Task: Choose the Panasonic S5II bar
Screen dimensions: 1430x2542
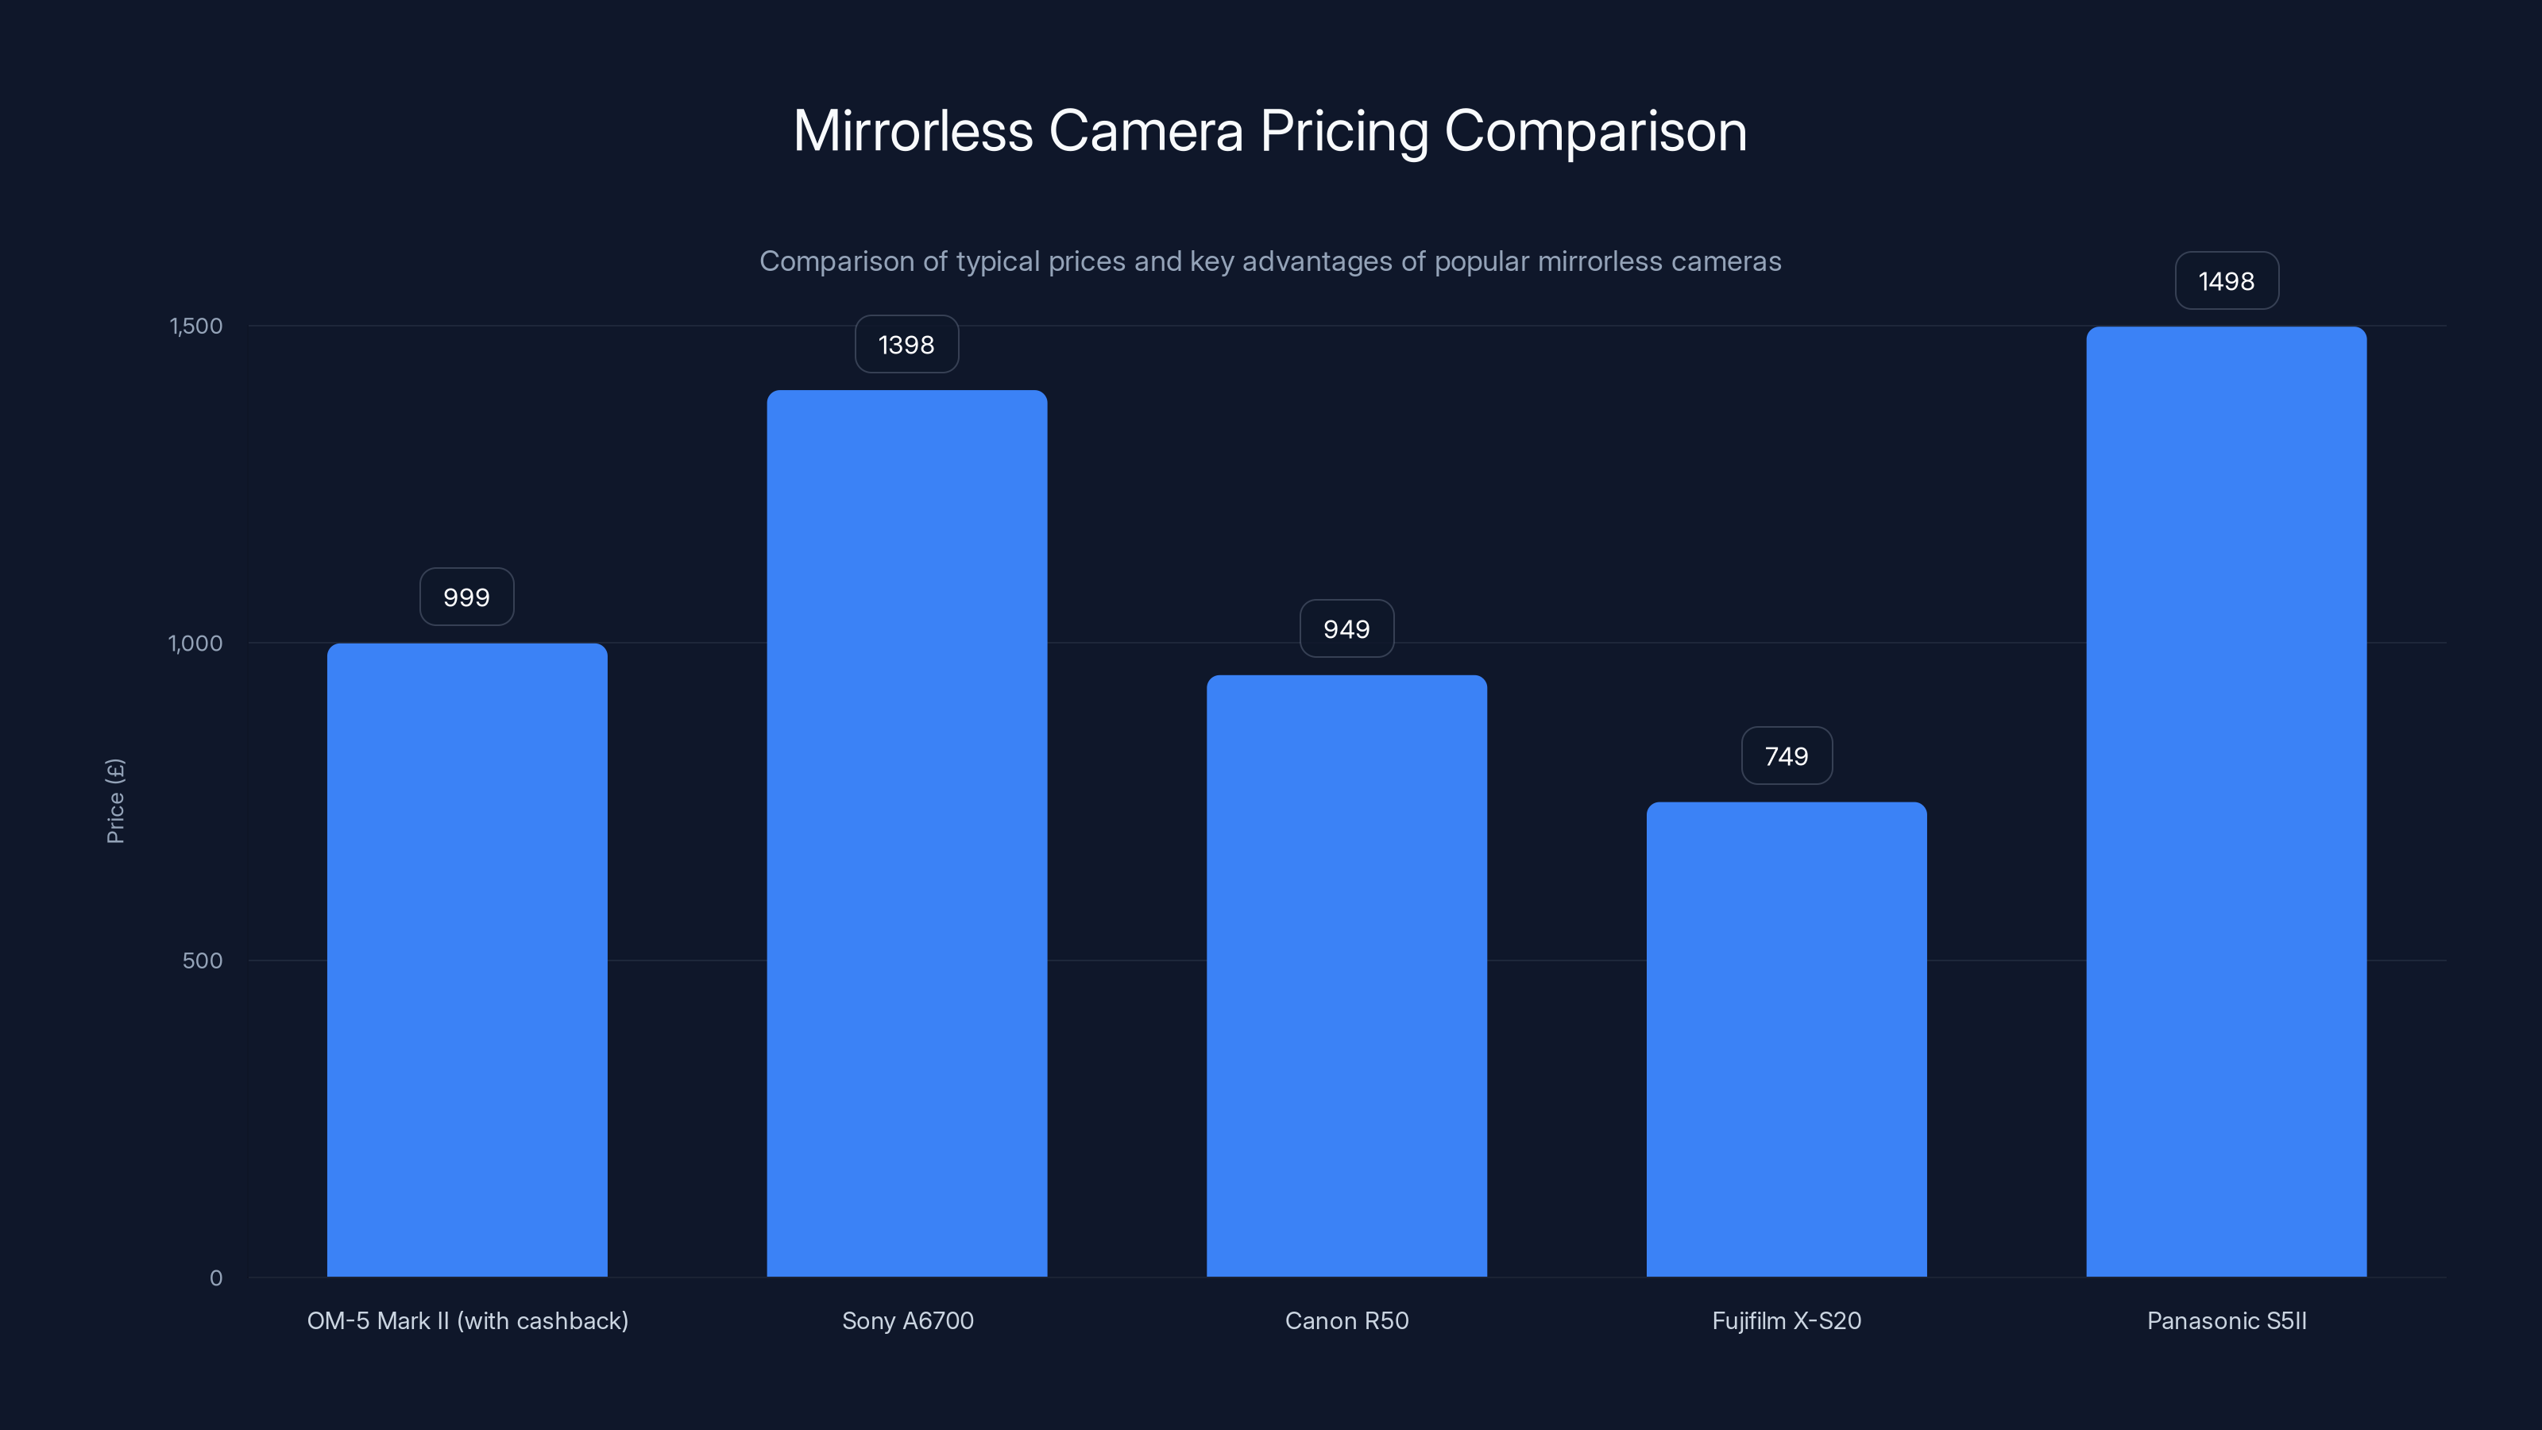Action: pyautogui.click(x=2226, y=802)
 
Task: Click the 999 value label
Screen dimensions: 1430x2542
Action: pyautogui.click(x=467, y=597)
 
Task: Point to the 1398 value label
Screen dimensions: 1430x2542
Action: pyautogui.click(x=906, y=345)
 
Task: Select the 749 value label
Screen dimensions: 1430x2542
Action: pyautogui.click(x=1786, y=756)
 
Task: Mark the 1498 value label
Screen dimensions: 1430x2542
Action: pyautogui.click(x=2226, y=281)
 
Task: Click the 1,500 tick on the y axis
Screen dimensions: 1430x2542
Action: pyautogui.click(x=196, y=326)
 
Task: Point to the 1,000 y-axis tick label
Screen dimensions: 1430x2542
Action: pyautogui.click(x=195, y=643)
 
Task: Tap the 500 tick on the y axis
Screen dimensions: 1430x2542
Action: pyautogui.click(x=203, y=960)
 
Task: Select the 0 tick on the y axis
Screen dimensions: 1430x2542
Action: pyautogui.click(x=216, y=1278)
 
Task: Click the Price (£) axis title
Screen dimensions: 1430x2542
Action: pyautogui.click(x=115, y=802)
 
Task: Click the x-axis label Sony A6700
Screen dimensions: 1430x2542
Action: pyautogui.click(x=908, y=1320)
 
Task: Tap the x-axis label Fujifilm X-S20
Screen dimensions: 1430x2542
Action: pyautogui.click(x=1786, y=1320)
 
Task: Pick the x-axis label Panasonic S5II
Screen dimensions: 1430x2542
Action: pyautogui.click(x=2226, y=1320)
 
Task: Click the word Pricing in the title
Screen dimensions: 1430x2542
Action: pyautogui.click(x=1344, y=131)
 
